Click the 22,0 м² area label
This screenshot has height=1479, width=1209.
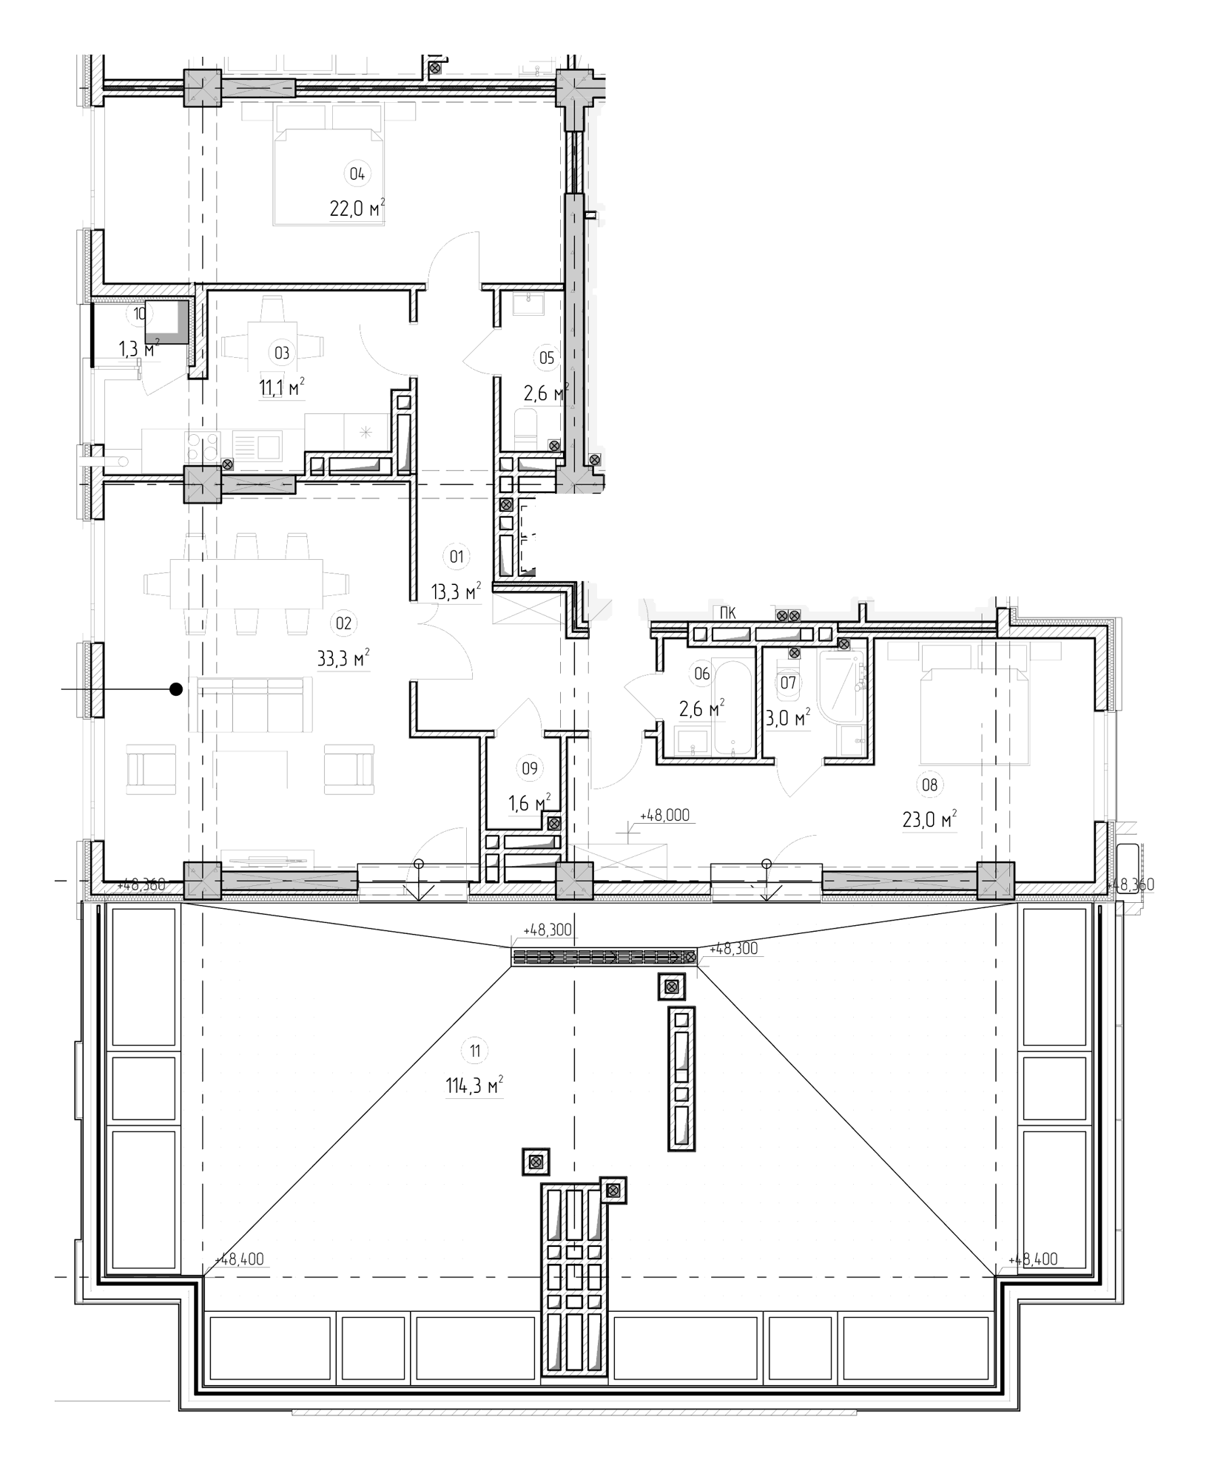(357, 209)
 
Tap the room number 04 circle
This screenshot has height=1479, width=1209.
(357, 175)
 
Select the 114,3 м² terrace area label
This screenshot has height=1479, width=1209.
(474, 1086)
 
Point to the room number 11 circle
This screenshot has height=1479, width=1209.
(474, 1050)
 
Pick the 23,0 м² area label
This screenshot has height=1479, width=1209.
(930, 820)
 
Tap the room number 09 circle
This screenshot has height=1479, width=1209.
(529, 768)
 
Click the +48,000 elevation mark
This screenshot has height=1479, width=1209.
(661, 815)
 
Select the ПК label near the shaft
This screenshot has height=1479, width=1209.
(727, 612)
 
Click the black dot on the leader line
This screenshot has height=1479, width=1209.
(176, 689)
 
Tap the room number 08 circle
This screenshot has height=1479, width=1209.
(930, 785)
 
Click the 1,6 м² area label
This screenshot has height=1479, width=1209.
(529, 802)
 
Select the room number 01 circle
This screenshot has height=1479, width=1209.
(457, 556)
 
